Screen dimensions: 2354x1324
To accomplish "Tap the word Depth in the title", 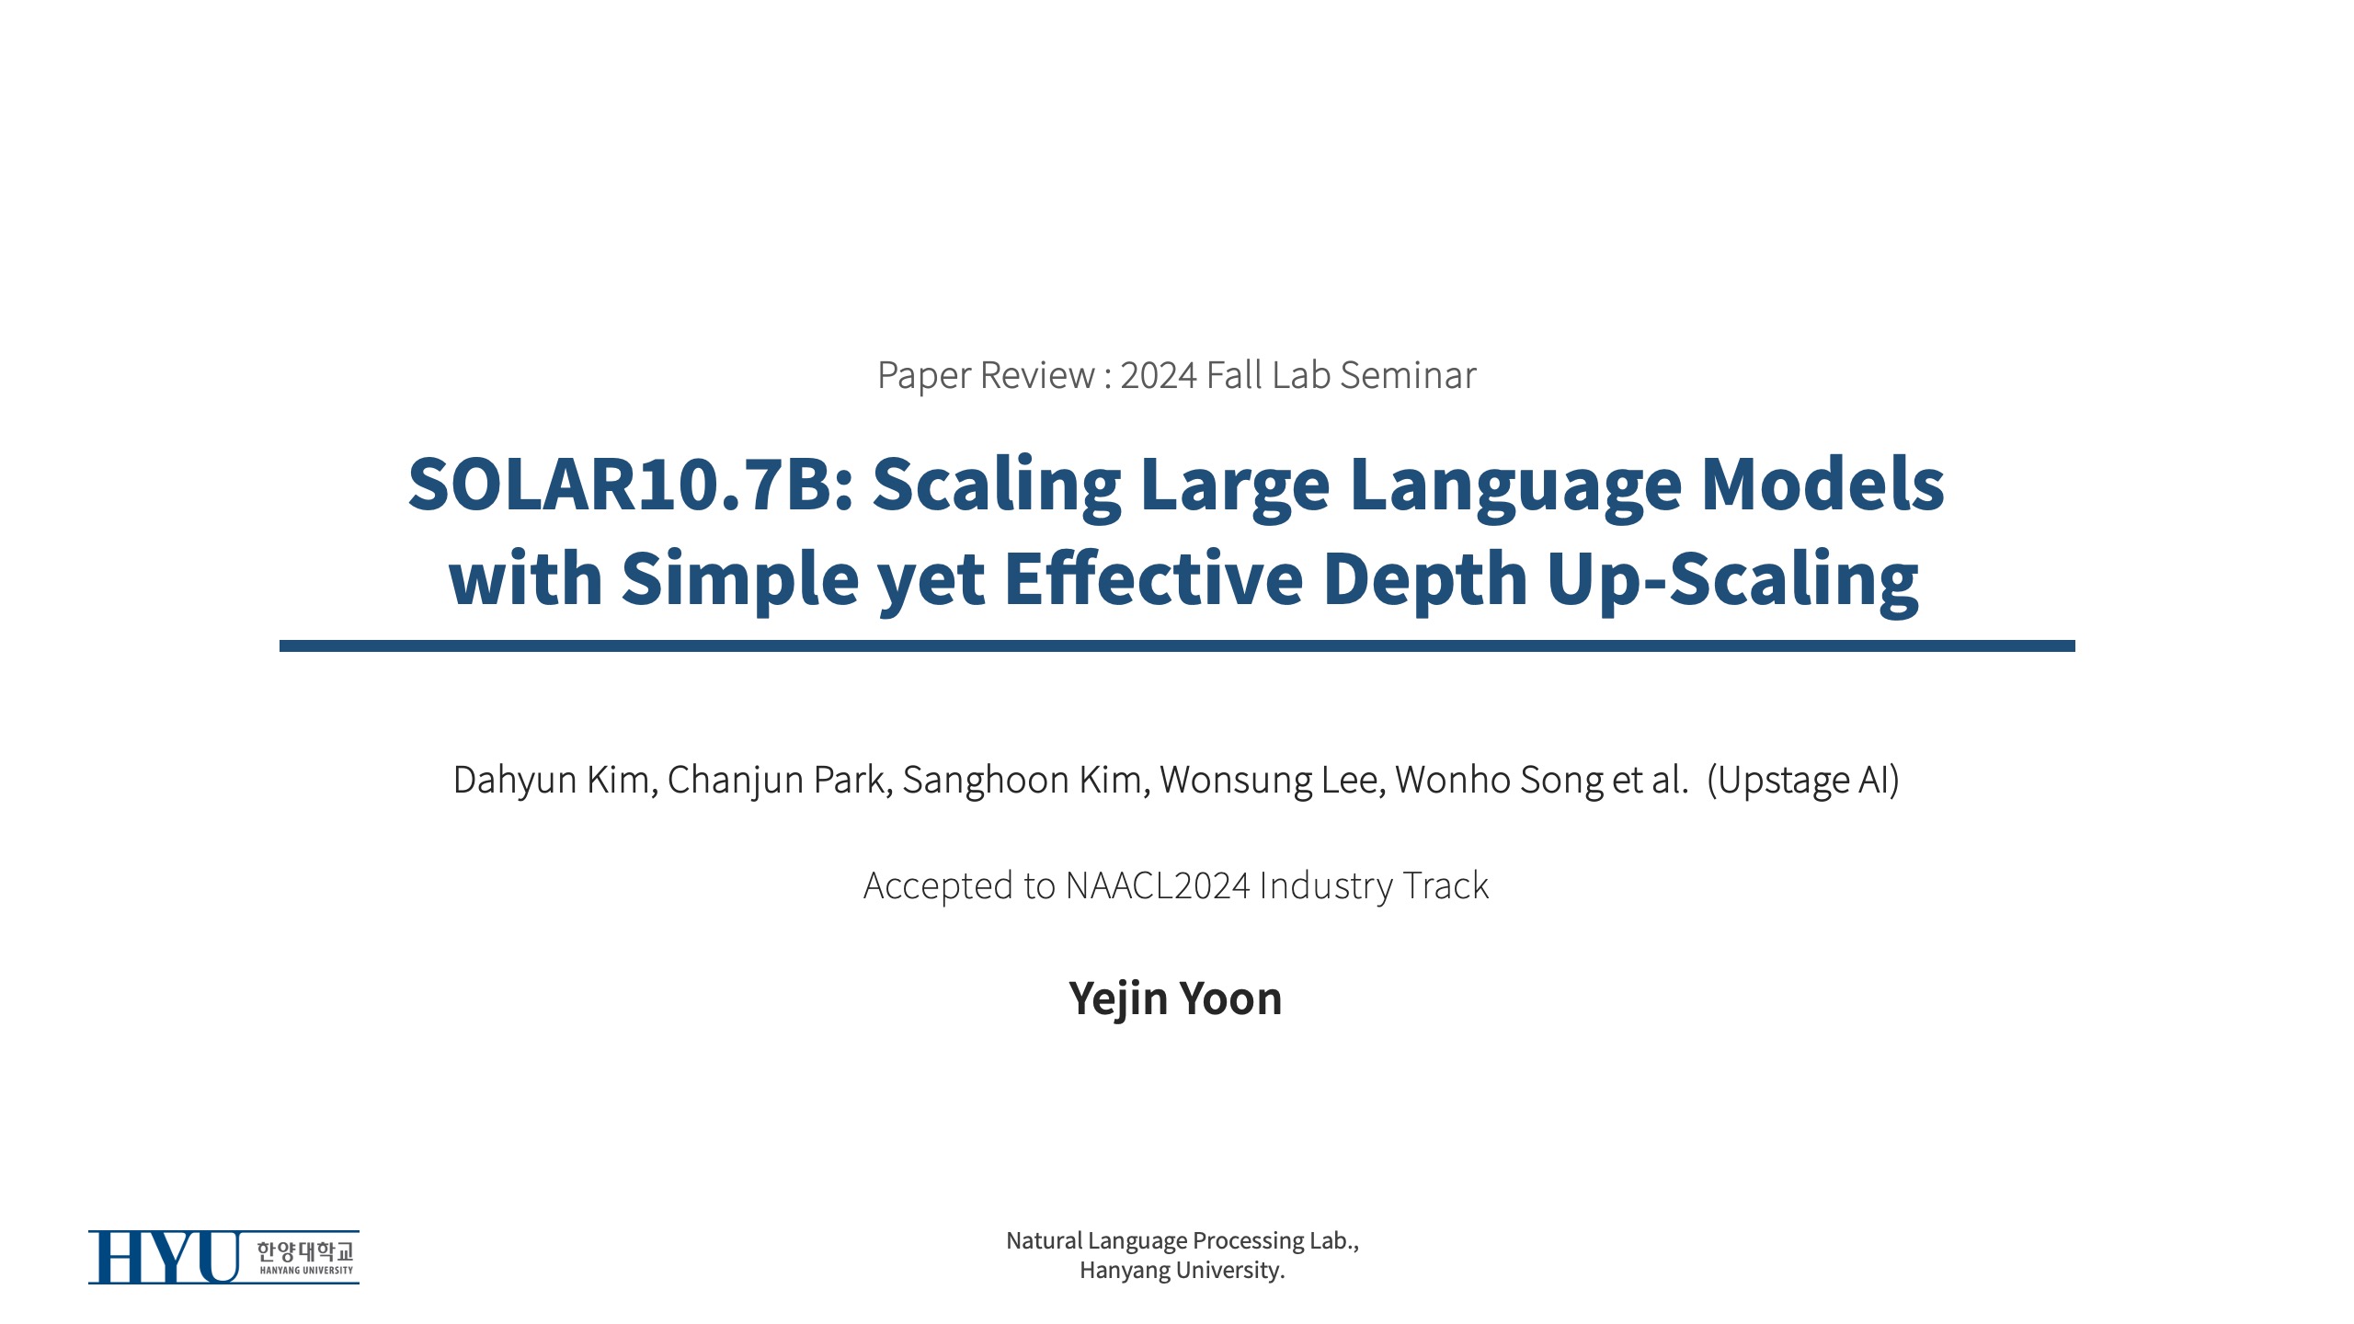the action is click(1426, 578).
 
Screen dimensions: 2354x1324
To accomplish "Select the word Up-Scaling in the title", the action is click(1733, 578).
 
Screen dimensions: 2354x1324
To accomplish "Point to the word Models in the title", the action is click(1823, 484).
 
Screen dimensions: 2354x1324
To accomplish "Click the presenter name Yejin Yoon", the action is click(1175, 999).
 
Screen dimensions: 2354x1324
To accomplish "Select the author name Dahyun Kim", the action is click(553, 780).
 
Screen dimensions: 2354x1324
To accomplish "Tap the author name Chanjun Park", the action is click(777, 780).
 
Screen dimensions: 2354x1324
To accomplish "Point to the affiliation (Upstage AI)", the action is click(1803, 780).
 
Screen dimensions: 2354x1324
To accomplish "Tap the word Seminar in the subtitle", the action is click(1408, 375).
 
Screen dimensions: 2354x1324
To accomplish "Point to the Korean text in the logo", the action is click(305, 1250).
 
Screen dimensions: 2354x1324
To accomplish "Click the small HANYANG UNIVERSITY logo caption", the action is click(306, 1271).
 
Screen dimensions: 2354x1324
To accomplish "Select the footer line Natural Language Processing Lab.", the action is click(1183, 1241).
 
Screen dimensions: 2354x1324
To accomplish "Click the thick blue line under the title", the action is click(1177, 646).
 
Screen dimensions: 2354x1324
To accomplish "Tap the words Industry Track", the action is click(1374, 885).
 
